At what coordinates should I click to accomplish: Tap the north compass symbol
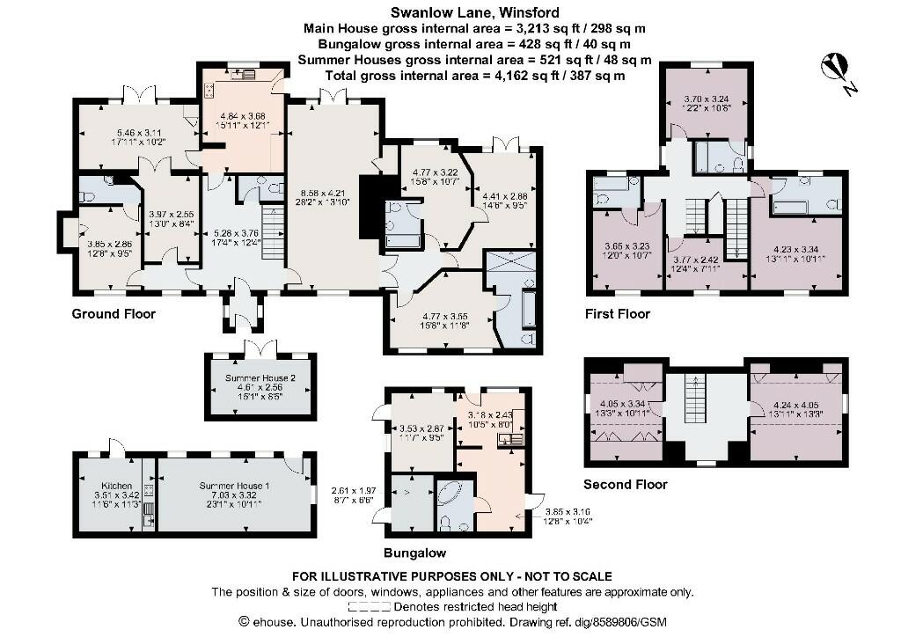coord(833,67)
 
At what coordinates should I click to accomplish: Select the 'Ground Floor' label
coord(114,314)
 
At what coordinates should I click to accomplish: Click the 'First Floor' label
coord(618,314)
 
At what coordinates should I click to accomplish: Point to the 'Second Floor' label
coord(626,484)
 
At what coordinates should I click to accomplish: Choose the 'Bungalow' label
coord(414,553)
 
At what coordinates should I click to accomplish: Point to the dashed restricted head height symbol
coord(370,606)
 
